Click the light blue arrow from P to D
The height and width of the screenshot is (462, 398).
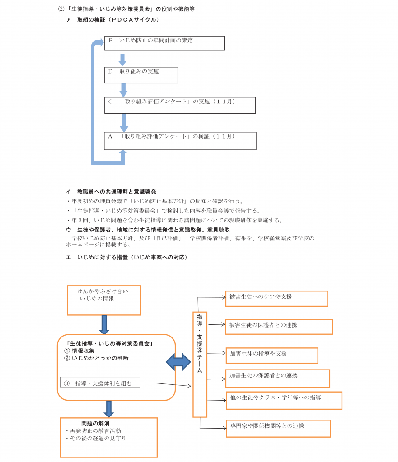point(122,60)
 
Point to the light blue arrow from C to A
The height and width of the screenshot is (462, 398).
point(124,123)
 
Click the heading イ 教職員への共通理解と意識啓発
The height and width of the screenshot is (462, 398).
point(111,191)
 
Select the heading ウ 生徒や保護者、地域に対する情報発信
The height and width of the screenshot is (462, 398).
point(148,230)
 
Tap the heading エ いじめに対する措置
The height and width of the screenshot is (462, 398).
point(126,257)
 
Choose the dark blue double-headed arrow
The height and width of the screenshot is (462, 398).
point(178,362)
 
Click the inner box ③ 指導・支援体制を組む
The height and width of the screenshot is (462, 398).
point(100,382)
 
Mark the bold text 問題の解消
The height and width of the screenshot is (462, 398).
point(95,423)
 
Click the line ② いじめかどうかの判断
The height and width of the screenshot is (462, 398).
point(96,358)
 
